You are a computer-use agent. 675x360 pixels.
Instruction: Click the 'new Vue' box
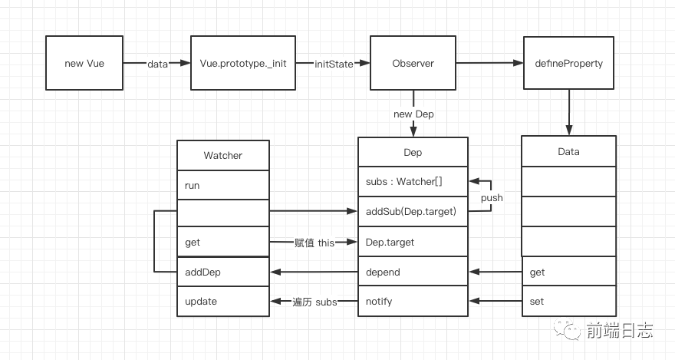pyautogui.click(x=84, y=63)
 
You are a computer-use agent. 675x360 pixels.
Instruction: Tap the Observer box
pyautogui.click(x=413, y=63)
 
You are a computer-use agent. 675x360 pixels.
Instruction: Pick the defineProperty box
pyautogui.click(x=568, y=63)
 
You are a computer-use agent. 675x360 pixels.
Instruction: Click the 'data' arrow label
pyautogui.click(x=157, y=64)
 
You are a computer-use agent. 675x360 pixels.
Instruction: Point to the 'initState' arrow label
pyautogui.click(x=334, y=64)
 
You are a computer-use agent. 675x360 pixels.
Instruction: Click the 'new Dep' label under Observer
pyautogui.click(x=413, y=114)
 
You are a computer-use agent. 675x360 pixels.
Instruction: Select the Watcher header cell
pyautogui.click(x=223, y=155)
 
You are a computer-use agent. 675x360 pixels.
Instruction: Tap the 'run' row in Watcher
pyautogui.click(x=223, y=185)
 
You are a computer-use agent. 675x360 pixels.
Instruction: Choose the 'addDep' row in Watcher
pyautogui.click(x=223, y=272)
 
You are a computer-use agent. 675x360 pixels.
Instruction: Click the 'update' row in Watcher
pyautogui.click(x=223, y=301)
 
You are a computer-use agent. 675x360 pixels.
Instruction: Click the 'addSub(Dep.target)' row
pyautogui.click(x=413, y=212)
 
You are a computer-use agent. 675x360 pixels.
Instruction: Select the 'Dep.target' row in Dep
pyautogui.click(x=413, y=242)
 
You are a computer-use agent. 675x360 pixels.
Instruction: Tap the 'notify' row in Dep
pyautogui.click(x=413, y=301)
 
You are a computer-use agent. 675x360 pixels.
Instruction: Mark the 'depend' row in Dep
pyautogui.click(x=413, y=272)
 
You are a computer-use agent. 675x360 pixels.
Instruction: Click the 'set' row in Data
pyautogui.click(x=568, y=301)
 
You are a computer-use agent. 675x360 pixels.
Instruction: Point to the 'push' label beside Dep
pyautogui.click(x=492, y=197)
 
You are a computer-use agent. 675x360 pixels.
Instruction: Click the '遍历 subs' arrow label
pyautogui.click(x=314, y=301)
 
